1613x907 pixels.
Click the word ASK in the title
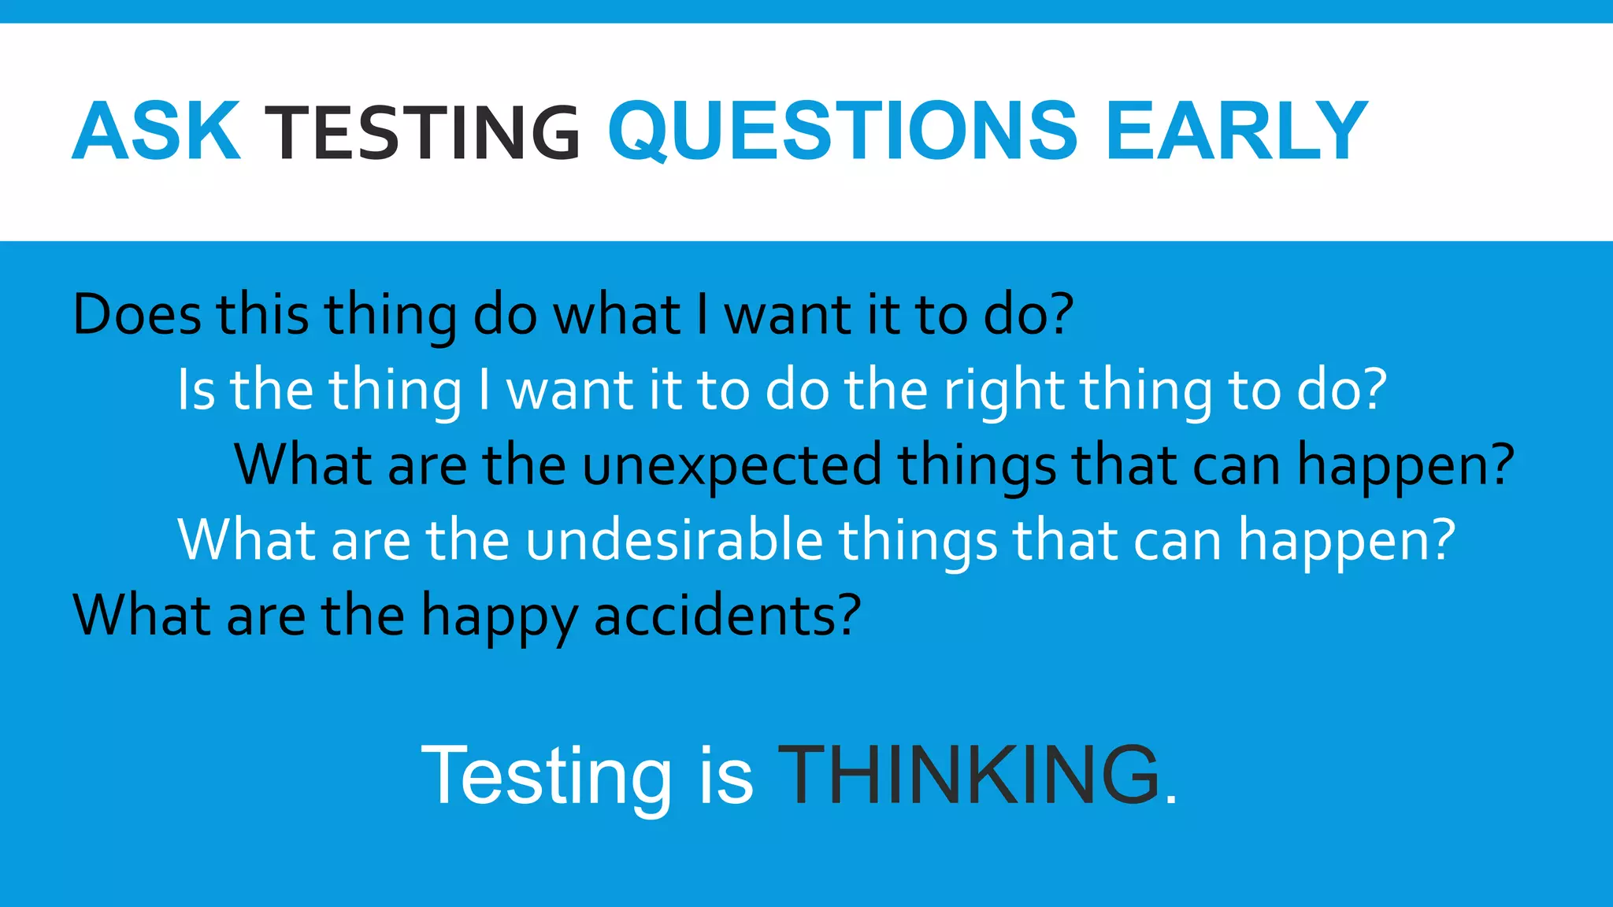[156, 131]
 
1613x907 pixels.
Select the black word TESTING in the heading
[423, 133]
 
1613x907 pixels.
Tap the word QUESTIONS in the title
[842, 131]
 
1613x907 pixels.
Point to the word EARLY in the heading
[1237, 131]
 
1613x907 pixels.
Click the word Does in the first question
[137, 315]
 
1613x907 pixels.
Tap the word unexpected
[732, 465]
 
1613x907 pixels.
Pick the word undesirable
[673, 540]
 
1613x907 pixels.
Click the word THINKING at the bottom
[970, 776]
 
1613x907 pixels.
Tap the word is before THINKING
[725, 776]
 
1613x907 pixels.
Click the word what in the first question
[616, 315]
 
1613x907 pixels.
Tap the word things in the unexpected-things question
[977, 465]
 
